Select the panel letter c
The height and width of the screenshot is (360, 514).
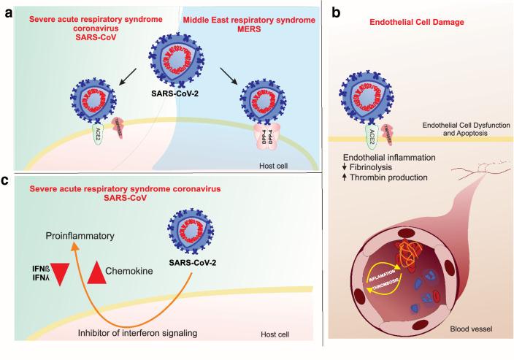pos(7,182)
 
